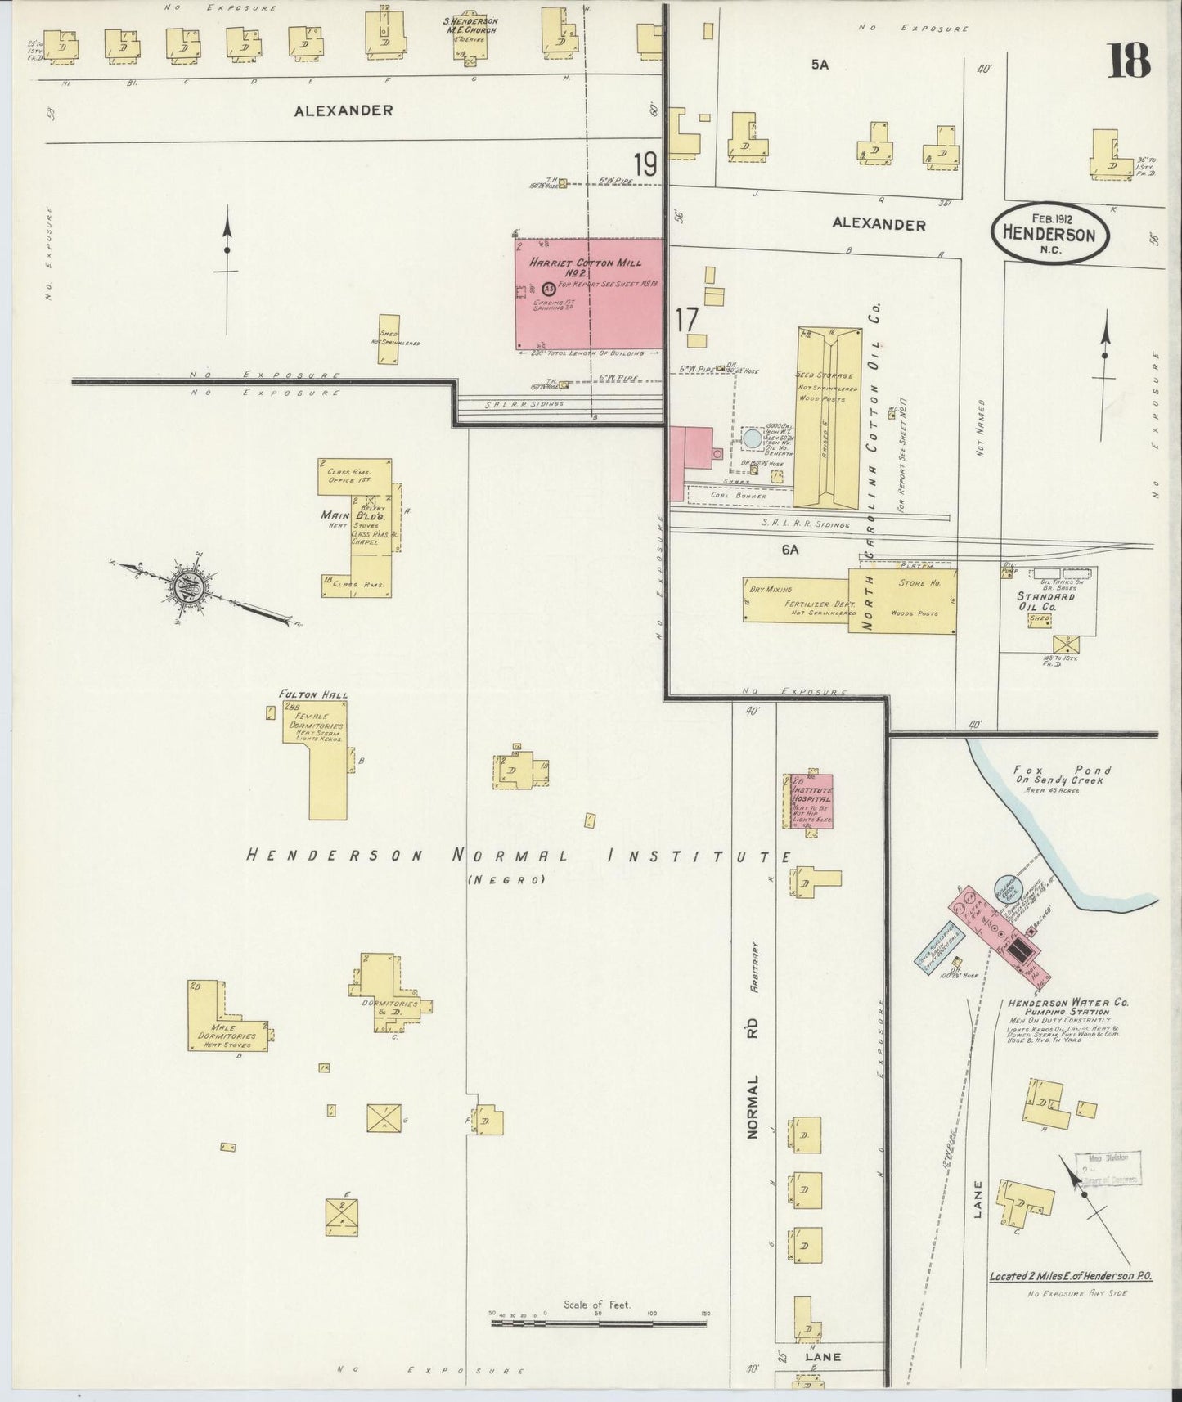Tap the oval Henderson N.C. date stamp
coord(1051,232)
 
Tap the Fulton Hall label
coord(313,694)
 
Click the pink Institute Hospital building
coord(811,800)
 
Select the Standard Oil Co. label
coord(1047,601)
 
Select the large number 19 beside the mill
coord(645,164)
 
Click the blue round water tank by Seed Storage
coord(753,438)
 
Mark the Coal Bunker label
coord(739,495)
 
